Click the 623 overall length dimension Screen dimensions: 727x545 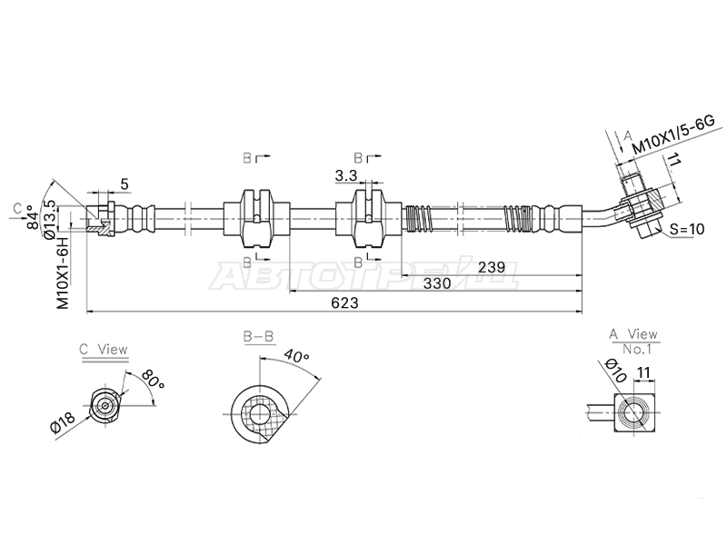pos(345,302)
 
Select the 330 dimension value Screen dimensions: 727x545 pos(437,283)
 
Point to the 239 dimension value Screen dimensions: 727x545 pos(492,267)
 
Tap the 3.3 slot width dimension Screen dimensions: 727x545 pos(346,175)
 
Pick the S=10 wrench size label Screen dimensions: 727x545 pos(687,229)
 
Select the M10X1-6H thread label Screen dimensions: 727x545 pos(63,273)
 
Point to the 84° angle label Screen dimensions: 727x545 pos(32,217)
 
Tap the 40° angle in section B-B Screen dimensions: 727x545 pos(296,357)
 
